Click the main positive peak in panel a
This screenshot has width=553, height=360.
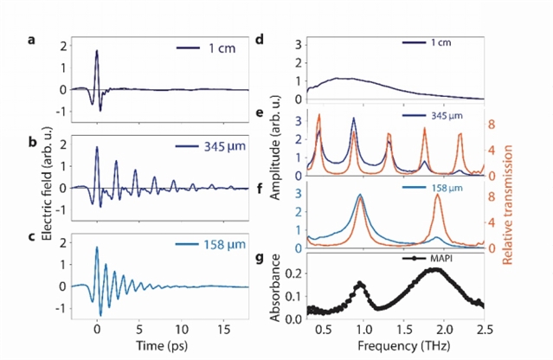point(97,51)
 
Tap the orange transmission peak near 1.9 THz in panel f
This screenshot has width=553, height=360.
point(438,196)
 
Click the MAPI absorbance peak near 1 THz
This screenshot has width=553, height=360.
point(360,283)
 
